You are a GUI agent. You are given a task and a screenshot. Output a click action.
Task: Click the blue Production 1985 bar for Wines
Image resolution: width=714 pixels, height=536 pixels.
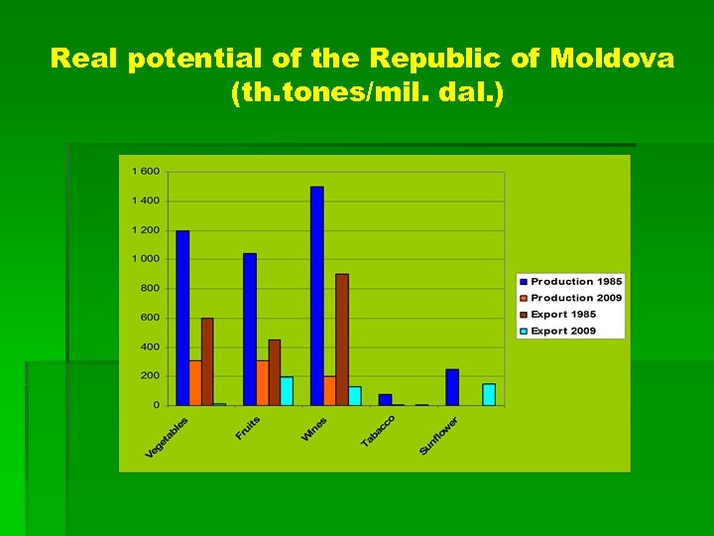(316, 296)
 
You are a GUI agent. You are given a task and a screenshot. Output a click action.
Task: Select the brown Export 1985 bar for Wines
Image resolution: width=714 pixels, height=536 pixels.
(342, 339)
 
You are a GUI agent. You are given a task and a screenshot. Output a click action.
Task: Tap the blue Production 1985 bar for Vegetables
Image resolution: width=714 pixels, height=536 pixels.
(182, 318)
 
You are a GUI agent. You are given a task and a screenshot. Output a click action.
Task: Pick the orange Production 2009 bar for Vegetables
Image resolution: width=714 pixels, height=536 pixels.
(195, 382)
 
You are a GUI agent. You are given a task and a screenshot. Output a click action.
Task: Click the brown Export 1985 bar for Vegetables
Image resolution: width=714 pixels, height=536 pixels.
(207, 361)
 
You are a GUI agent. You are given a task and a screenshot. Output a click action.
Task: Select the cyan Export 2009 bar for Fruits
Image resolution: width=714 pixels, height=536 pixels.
(287, 391)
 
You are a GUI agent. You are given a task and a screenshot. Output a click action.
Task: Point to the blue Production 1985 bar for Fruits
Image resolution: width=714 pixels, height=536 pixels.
(250, 330)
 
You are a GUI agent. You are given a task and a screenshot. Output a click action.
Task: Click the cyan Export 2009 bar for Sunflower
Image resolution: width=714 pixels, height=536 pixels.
(489, 394)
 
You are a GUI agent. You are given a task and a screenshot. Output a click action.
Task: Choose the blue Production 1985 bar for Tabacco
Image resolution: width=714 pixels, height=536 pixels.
(385, 399)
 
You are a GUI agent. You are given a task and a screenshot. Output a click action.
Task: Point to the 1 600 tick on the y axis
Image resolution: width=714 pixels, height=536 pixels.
(146, 172)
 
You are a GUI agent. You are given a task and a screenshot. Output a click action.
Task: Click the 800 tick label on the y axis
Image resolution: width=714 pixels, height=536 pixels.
(149, 289)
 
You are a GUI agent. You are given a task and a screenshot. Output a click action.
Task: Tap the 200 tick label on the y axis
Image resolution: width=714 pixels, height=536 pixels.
(149, 376)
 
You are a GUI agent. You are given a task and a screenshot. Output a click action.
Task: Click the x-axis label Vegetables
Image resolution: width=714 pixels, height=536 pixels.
(167, 438)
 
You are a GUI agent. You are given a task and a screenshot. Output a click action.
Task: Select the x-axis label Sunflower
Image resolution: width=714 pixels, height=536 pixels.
(438, 436)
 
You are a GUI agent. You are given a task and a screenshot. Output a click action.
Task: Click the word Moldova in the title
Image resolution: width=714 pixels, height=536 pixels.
(613, 59)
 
